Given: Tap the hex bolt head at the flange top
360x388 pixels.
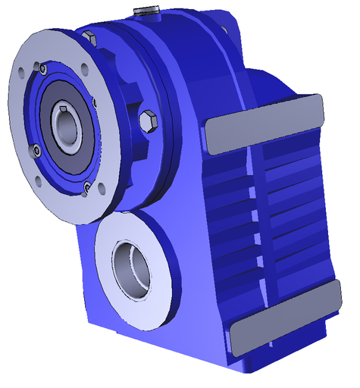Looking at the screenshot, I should pyautogui.click(x=90, y=37).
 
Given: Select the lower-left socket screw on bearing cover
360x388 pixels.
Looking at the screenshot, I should pyautogui.click(x=35, y=151).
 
